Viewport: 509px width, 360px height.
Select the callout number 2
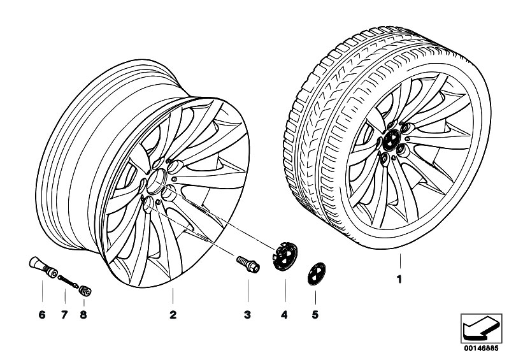[x=172, y=315]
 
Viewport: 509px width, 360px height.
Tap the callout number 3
[x=248, y=315]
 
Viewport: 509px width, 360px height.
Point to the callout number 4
[x=285, y=315]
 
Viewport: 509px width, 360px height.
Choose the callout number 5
[x=315, y=315]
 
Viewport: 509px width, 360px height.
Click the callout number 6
[x=42, y=315]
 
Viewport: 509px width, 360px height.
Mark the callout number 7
[x=64, y=315]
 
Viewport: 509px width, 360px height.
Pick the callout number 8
[x=84, y=315]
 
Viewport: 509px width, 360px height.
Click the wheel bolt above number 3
[x=247, y=263]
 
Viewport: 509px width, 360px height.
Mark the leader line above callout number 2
[x=172, y=296]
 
